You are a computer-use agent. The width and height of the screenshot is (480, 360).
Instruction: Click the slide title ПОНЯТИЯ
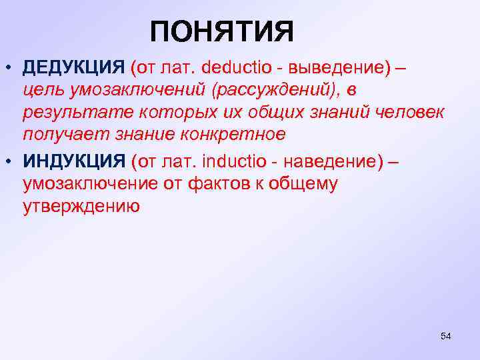click(x=221, y=32)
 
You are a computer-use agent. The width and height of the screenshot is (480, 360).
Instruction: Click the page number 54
click(x=446, y=336)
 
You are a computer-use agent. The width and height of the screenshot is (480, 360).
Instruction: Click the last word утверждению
click(x=81, y=207)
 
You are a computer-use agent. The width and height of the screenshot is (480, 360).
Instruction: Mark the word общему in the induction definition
click(x=305, y=183)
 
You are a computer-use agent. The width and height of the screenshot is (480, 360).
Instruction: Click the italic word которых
click(x=161, y=112)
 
